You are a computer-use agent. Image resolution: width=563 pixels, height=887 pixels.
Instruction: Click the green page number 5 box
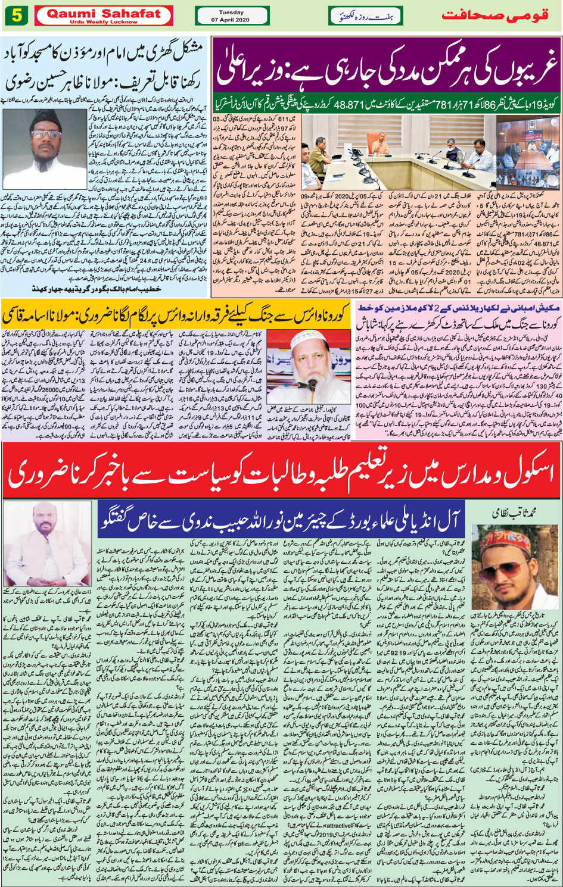[x=16, y=15]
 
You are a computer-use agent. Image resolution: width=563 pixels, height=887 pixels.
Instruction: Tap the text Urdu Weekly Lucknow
[x=103, y=22]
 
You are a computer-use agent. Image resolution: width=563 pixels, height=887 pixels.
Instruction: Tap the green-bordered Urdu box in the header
[x=365, y=15]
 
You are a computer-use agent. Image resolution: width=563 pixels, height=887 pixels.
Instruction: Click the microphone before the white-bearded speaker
[x=312, y=384]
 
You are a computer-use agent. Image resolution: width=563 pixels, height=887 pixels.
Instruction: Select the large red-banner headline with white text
[x=281, y=475]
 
